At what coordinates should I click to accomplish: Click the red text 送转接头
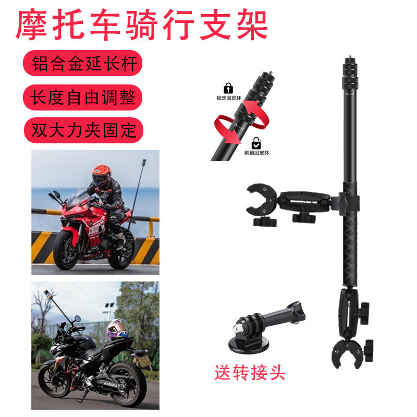coord(250,373)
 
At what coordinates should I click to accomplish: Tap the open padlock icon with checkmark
coord(256,142)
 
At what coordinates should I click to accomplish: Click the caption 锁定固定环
coord(228,97)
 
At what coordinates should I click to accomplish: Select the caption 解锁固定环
coord(257,153)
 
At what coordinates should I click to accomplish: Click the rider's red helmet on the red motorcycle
coord(101,176)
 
